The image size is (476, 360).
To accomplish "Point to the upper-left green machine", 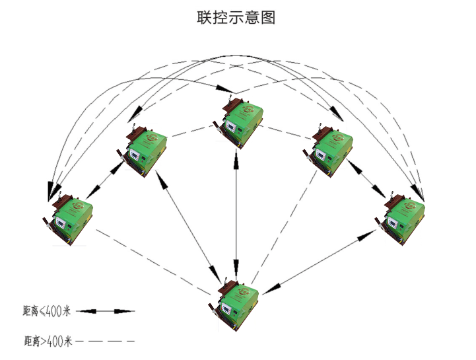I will click(x=145, y=151).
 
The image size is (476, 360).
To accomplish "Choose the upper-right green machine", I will click(x=327, y=149).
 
